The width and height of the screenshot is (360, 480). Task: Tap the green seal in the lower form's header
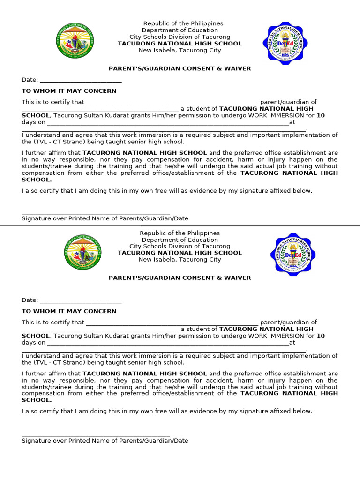point(82,252)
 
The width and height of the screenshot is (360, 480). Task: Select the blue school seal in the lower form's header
point(293,255)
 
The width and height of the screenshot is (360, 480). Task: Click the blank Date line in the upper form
point(81,80)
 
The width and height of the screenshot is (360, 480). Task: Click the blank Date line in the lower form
point(81,300)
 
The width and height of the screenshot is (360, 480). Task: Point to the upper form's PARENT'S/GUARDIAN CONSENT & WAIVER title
point(180,69)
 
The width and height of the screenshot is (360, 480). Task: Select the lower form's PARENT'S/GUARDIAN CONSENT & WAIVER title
point(180,278)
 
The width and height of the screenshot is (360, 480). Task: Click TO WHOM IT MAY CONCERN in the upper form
point(69,91)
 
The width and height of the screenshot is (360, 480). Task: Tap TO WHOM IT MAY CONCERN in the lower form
point(69,311)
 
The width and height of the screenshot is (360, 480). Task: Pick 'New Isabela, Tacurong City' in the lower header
point(180,260)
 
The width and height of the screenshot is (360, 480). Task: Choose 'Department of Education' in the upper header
point(180,30)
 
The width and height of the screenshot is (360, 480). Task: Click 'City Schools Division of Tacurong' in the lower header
point(180,246)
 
